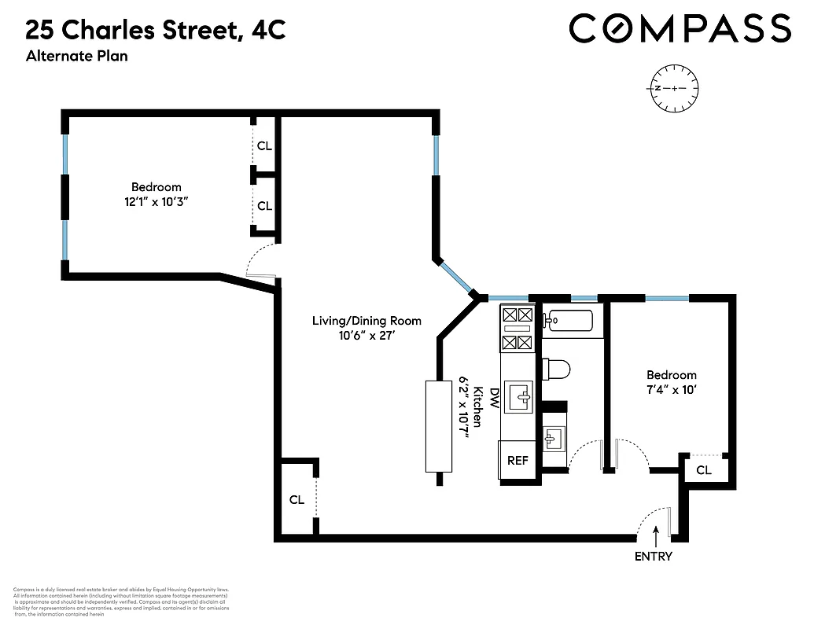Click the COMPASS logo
pyautogui.click(x=680, y=29)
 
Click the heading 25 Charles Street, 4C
pyautogui.click(x=155, y=31)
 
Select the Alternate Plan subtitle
pyautogui.click(x=76, y=56)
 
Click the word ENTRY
pyautogui.click(x=654, y=557)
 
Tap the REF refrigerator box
pyautogui.click(x=517, y=461)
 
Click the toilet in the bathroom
pyautogui.click(x=555, y=370)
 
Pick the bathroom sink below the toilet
pyautogui.click(x=554, y=438)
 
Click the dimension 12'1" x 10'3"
pyautogui.click(x=156, y=201)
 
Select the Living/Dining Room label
pyautogui.click(x=366, y=321)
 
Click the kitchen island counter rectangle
pyautogui.click(x=439, y=425)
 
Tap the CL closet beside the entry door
pyautogui.click(x=703, y=470)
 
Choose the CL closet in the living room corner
pyautogui.click(x=297, y=499)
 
